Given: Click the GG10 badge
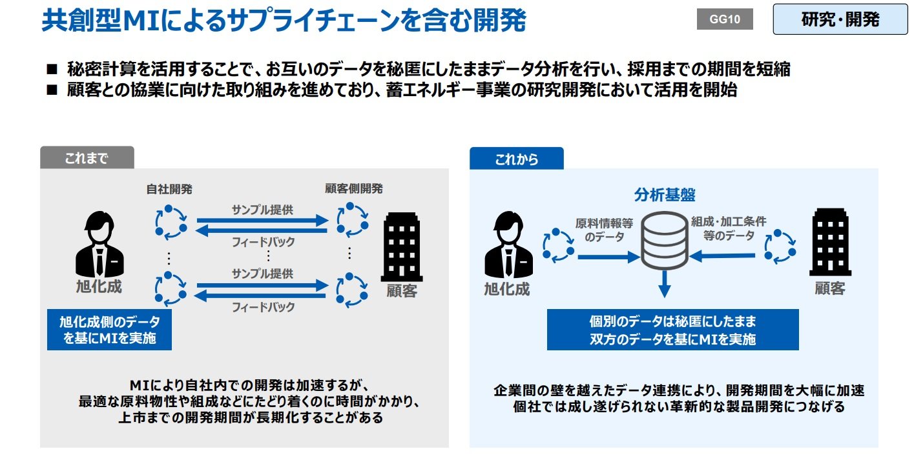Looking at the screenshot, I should tap(725, 19).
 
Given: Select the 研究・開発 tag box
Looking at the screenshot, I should tap(840, 19).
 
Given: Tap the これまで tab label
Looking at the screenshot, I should tap(87, 158).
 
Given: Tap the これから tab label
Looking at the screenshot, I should tap(516, 159).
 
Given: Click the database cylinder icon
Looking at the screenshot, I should tap(663, 240).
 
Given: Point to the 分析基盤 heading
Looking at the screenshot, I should tap(664, 194).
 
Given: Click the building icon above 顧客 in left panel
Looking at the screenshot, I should tap(402, 246).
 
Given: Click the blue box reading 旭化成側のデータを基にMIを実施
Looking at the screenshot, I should tap(109, 330).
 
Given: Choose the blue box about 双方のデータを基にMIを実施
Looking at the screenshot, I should tap(672, 330).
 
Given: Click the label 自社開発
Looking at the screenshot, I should tap(169, 188).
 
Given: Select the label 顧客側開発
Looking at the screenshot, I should tap(353, 188).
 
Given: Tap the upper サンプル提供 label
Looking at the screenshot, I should tap(262, 210).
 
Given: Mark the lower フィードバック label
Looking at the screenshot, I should tap(262, 307).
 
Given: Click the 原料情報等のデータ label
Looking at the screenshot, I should tap(604, 230).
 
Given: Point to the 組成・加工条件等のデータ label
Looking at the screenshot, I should tap(729, 228).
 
